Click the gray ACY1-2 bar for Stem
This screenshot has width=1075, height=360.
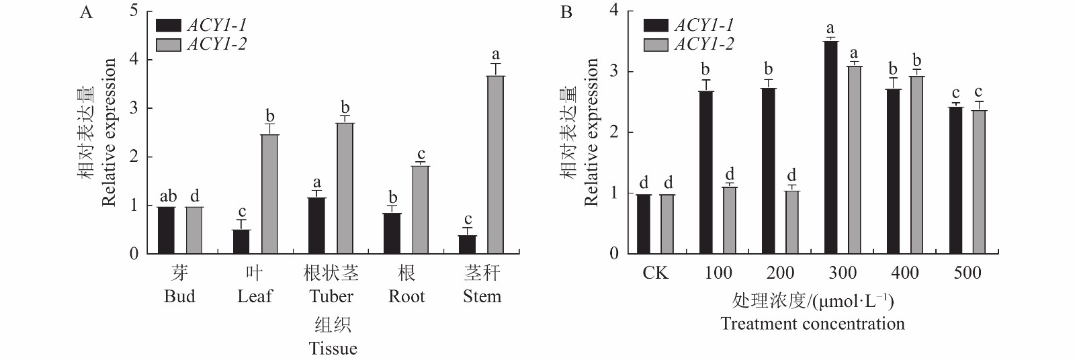click(x=495, y=165)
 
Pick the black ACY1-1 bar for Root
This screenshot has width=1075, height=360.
click(x=392, y=233)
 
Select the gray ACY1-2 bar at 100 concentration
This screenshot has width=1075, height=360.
click(x=730, y=220)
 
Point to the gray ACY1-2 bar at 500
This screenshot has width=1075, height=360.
click(x=979, y=181)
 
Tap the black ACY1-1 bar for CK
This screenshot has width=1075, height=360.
click(x=644, y=224)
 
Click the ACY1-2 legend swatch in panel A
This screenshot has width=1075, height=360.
click(x=168, y=45)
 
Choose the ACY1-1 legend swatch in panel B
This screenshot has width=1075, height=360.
click(x=656, y=26)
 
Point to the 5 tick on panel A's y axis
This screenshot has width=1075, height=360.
click(x=134, y=11)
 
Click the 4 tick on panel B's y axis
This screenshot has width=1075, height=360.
click(x=614, y=11)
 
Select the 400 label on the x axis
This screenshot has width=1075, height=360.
click(x=904, y=273)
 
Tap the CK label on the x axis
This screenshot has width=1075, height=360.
click(x=655, y=273)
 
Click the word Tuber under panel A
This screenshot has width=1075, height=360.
click(x=331, y=296)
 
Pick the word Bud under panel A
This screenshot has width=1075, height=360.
click(x=179, y=296)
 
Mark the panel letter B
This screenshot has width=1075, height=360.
click(x=566, y=13)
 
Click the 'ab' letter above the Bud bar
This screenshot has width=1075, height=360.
click(x=167, y=196)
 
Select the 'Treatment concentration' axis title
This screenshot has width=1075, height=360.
click(x=812, y=324)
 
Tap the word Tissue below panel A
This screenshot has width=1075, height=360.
click(x=333, y=348)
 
